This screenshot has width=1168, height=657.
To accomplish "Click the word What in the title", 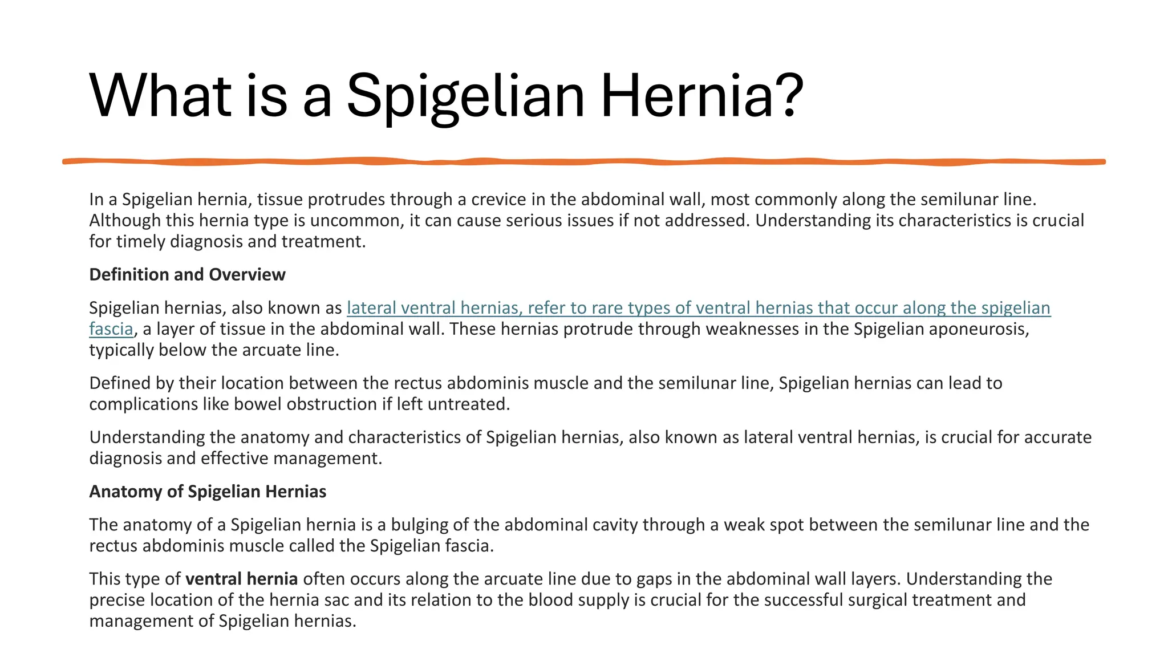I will pos(160,95).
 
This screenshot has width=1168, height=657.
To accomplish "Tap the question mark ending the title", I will pos(788,95).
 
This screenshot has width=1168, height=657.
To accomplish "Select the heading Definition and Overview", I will pos(187,275).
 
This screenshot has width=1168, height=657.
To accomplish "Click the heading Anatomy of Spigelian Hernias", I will pos(208,492).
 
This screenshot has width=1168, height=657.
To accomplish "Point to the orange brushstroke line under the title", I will pos(584,162).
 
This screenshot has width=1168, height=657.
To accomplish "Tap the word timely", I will pos(140,242).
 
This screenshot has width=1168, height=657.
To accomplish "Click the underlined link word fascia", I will pos(111,329).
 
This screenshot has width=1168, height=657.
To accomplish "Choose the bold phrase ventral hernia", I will pos(241,579).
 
